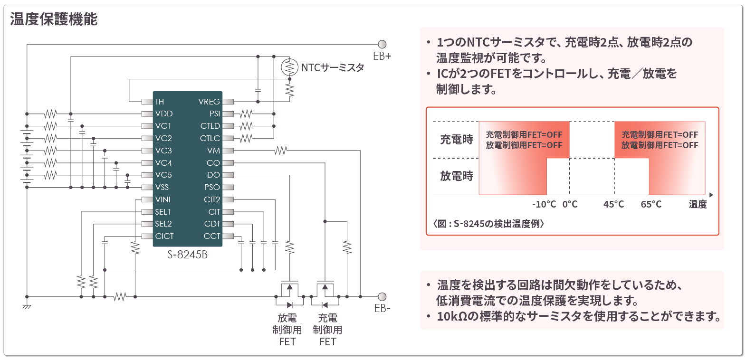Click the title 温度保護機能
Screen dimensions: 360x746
[54, 19]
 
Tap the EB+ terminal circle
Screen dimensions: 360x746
[382, 45]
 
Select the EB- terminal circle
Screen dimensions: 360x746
[382, 297]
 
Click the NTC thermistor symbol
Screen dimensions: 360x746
[289, 67]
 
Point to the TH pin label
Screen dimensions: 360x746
[160, 102]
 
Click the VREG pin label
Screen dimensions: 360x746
[209, 102]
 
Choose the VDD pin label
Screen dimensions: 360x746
[164, 114]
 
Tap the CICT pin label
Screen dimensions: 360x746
[164, 236]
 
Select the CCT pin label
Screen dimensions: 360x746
[212, 236]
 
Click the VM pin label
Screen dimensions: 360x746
[214, 151]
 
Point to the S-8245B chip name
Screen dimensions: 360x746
[187, 255]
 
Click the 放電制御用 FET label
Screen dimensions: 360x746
[287, 330]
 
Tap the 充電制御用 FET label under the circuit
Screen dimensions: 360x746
[327, 330]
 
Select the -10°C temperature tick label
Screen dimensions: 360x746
[544, 204]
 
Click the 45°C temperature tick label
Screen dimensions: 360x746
[613, 204]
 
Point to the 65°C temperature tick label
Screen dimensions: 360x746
[651, 204]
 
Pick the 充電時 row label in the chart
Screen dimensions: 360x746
[457, 140]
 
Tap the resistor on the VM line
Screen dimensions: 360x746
[281, 151]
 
